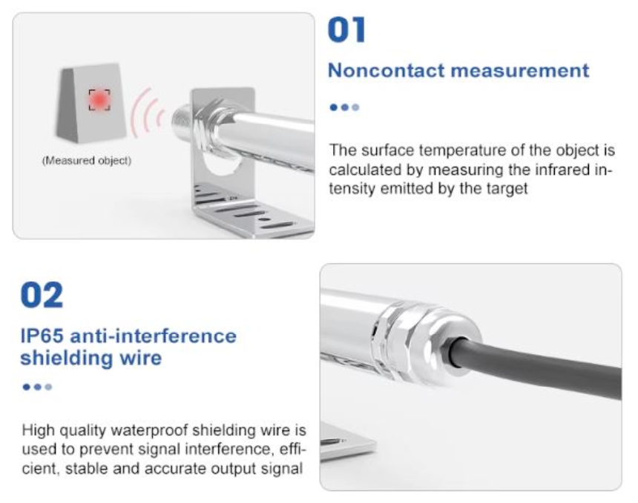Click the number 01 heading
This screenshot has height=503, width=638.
point(346,30)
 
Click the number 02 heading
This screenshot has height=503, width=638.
point(42,295)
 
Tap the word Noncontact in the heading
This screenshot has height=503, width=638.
point(386,70)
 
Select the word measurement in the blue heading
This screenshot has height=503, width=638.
point(520,70)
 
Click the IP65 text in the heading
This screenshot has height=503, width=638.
point(42,336)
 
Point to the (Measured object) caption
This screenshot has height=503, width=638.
point(87,161)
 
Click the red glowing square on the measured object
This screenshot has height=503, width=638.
point(99,99)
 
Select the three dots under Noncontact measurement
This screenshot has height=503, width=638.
point(344,107)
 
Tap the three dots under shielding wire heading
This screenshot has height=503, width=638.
point(37,387)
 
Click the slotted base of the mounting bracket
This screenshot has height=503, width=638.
point(252,211)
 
